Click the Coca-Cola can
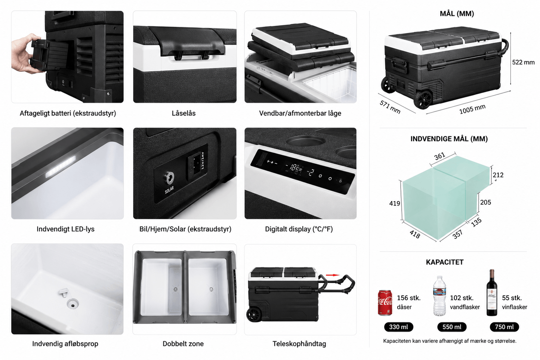385,302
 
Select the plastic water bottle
439,296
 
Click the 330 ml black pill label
398,327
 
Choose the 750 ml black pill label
504,327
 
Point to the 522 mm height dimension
523,62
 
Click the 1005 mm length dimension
472,109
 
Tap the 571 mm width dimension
390,107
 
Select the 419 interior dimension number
394,203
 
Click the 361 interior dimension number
440,156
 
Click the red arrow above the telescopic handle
333,275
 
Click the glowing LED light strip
61,167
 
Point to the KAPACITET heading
445,262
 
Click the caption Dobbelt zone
183,344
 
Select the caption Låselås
183,113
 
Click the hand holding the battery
27,53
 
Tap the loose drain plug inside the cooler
64,293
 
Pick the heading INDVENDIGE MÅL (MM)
449,139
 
